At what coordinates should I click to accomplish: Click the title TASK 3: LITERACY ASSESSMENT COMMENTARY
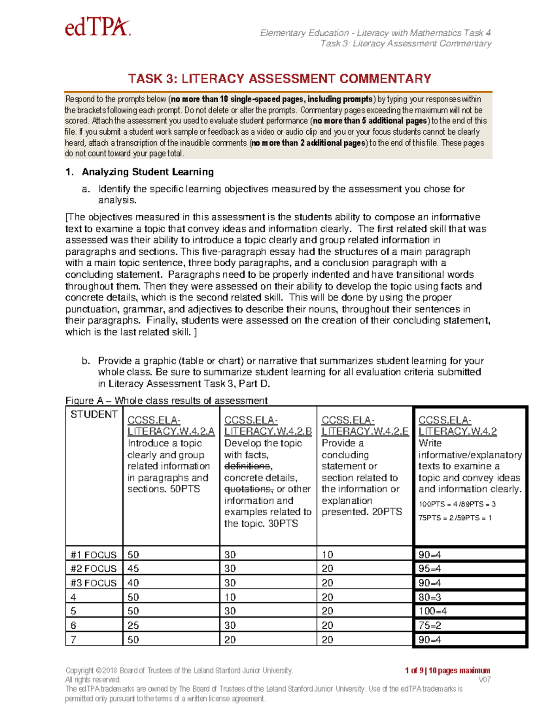279,79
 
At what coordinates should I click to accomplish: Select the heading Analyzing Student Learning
147,172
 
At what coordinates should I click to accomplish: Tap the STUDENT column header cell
94,414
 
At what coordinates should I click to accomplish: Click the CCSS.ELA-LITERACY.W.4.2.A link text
171,426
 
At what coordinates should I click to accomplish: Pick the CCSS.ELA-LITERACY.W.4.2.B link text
267,426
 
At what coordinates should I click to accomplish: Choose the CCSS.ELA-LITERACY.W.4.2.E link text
365,426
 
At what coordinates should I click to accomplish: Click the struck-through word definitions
247,466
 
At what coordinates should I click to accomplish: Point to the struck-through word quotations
248,489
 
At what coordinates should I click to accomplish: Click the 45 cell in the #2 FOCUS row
133,569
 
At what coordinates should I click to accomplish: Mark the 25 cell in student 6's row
133,625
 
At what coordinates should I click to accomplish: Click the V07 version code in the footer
484,680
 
